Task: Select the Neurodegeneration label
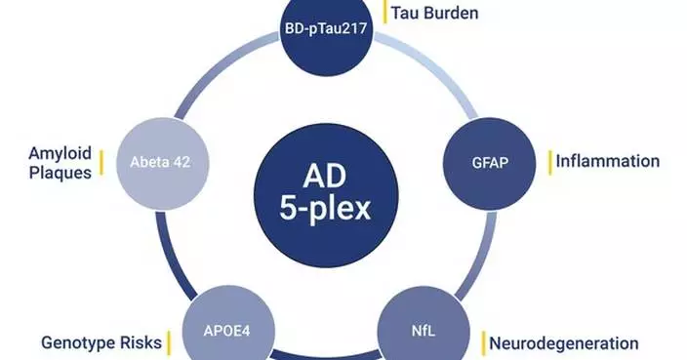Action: pyautogui.click(x=564, y=342)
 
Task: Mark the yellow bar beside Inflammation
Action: pyautogui.click(x=551, y=161)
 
